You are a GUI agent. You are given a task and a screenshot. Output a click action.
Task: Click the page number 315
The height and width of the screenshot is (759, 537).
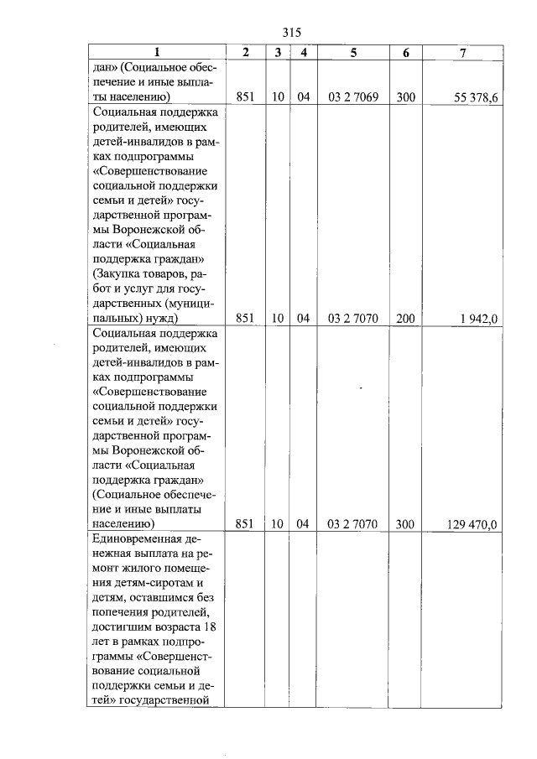click(292, 32)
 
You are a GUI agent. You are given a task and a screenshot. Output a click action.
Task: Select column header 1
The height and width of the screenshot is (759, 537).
click(155, 53)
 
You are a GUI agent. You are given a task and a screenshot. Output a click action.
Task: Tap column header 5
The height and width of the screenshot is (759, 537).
click(353, 53)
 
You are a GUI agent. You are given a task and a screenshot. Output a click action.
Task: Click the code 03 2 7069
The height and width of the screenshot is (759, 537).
click(353, 98)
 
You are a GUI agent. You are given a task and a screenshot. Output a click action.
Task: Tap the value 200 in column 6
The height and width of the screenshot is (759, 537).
click(405, 319)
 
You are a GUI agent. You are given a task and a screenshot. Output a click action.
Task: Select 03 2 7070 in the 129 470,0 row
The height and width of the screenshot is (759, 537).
click(353, 524)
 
